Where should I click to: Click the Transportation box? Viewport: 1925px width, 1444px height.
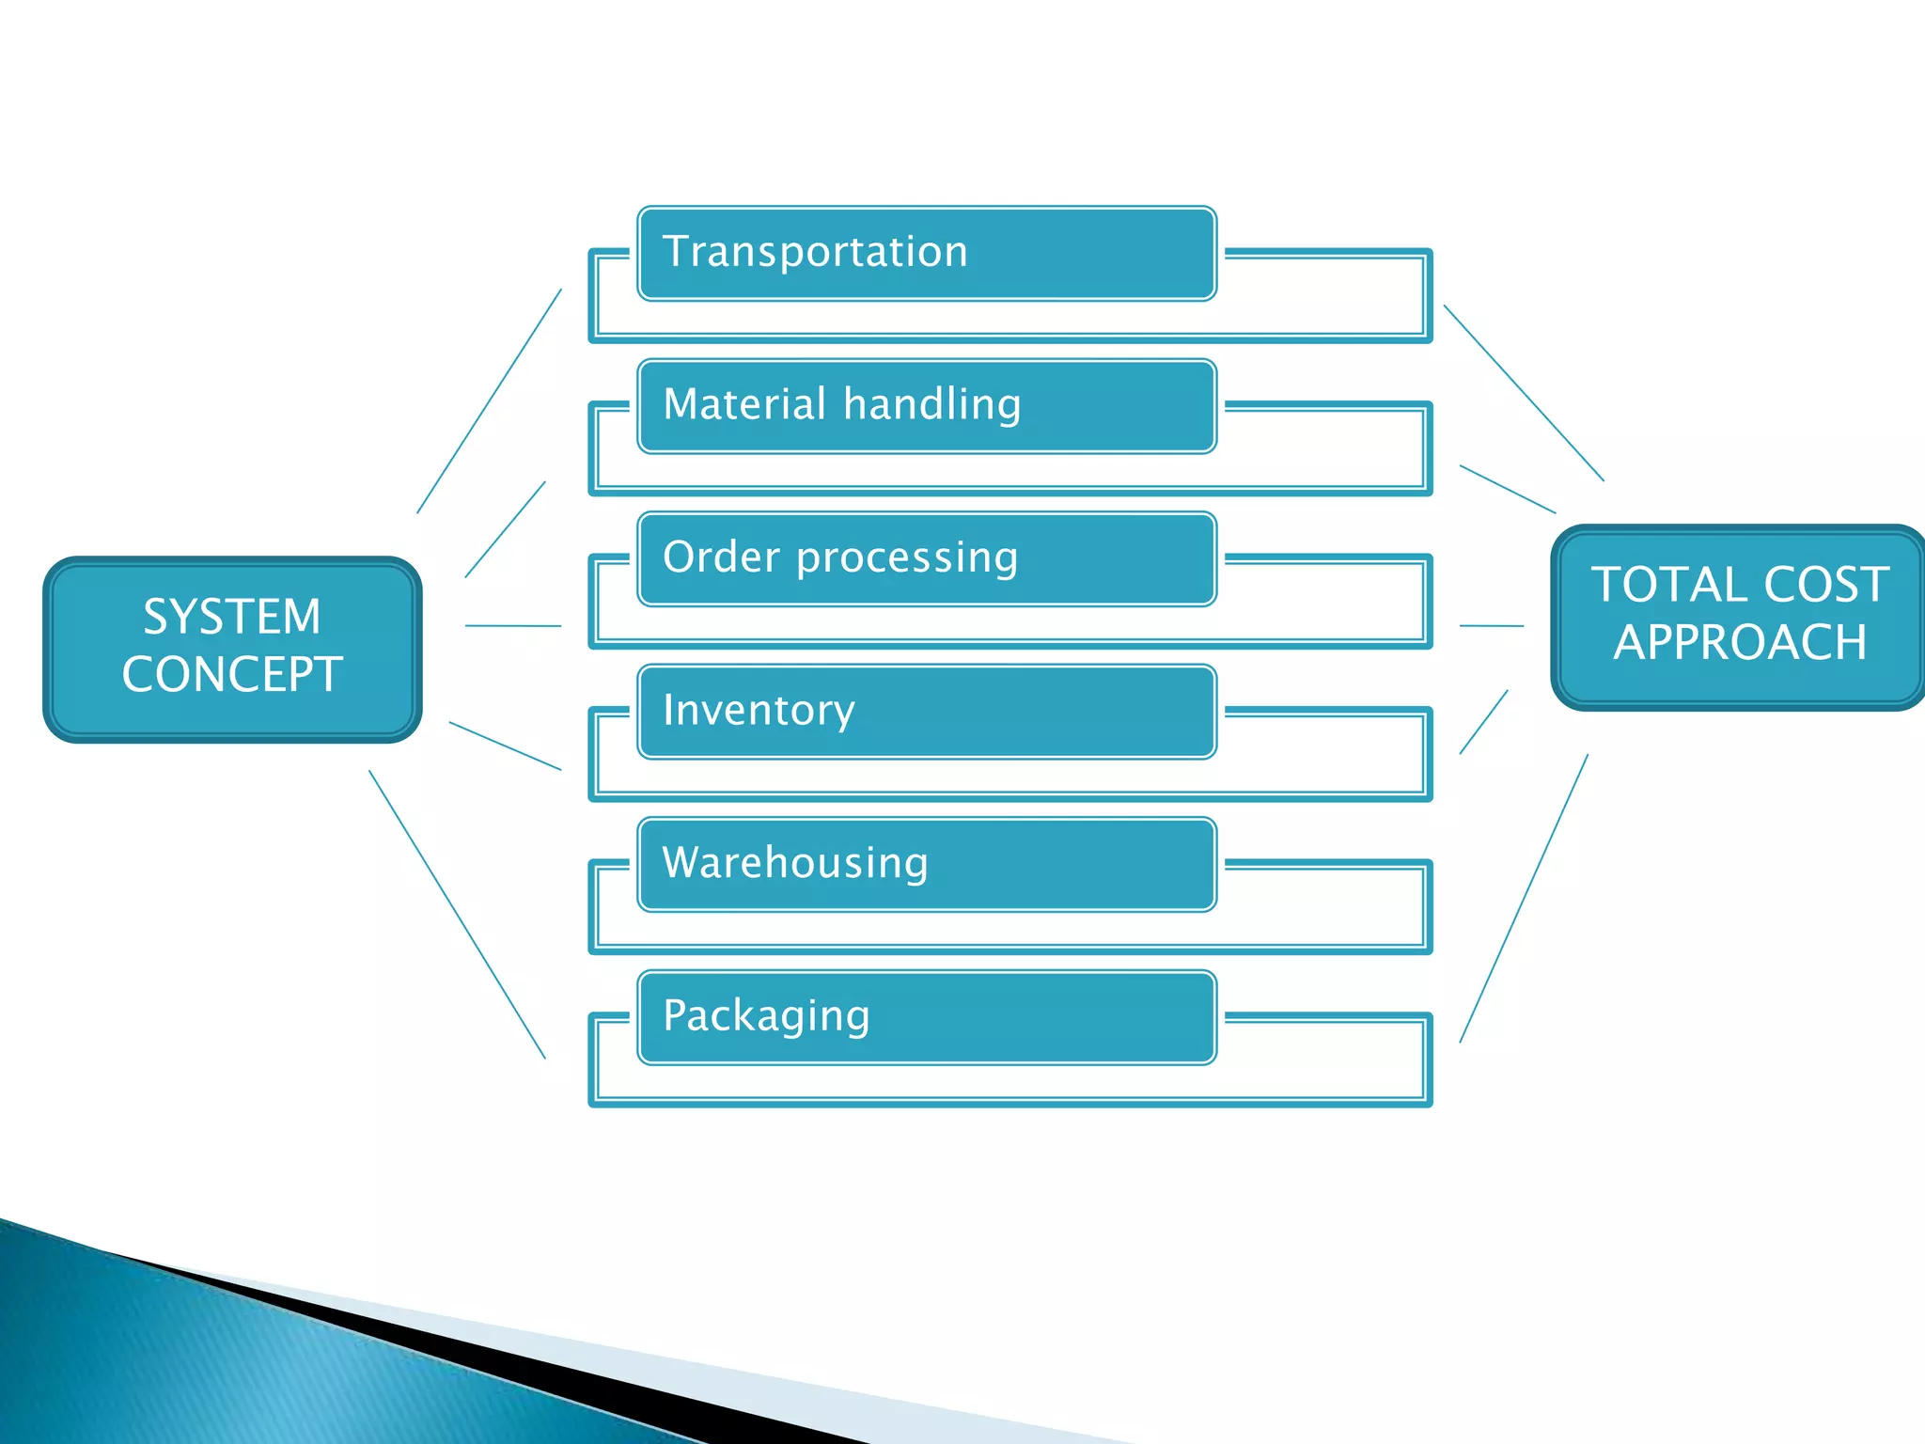[x=927, y=254]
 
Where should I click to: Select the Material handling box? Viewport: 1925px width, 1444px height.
[x=927, y=406]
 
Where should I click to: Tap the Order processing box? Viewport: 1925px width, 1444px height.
[x=927, y=558]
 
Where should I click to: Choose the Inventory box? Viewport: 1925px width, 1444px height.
[x=927, y=712]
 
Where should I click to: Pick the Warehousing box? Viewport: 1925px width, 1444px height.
[x=927, y=864]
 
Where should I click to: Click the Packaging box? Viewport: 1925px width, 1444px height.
[x=927, y=1017]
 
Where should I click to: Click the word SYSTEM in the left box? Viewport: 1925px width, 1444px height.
[x=232, y=618]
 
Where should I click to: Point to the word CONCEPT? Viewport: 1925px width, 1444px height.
[x=232, y=675]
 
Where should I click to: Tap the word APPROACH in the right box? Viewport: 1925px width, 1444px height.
[x=1740, y=643]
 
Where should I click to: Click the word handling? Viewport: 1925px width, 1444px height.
[x=931, y=405]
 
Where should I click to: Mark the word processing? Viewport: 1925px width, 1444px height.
[x=907, y=558]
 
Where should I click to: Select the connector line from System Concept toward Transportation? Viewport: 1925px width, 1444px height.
[x=489, y=401]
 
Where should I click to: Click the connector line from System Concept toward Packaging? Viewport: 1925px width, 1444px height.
[x=457, y=915]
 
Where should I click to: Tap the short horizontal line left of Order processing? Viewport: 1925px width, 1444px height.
[x=513, y=625]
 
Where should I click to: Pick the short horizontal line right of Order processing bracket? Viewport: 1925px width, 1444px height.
[x=1491, y=625]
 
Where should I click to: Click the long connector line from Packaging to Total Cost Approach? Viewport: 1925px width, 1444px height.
[x=1524, y=898]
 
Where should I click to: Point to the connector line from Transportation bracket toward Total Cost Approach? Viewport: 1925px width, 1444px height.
[x=1524, y=393]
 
